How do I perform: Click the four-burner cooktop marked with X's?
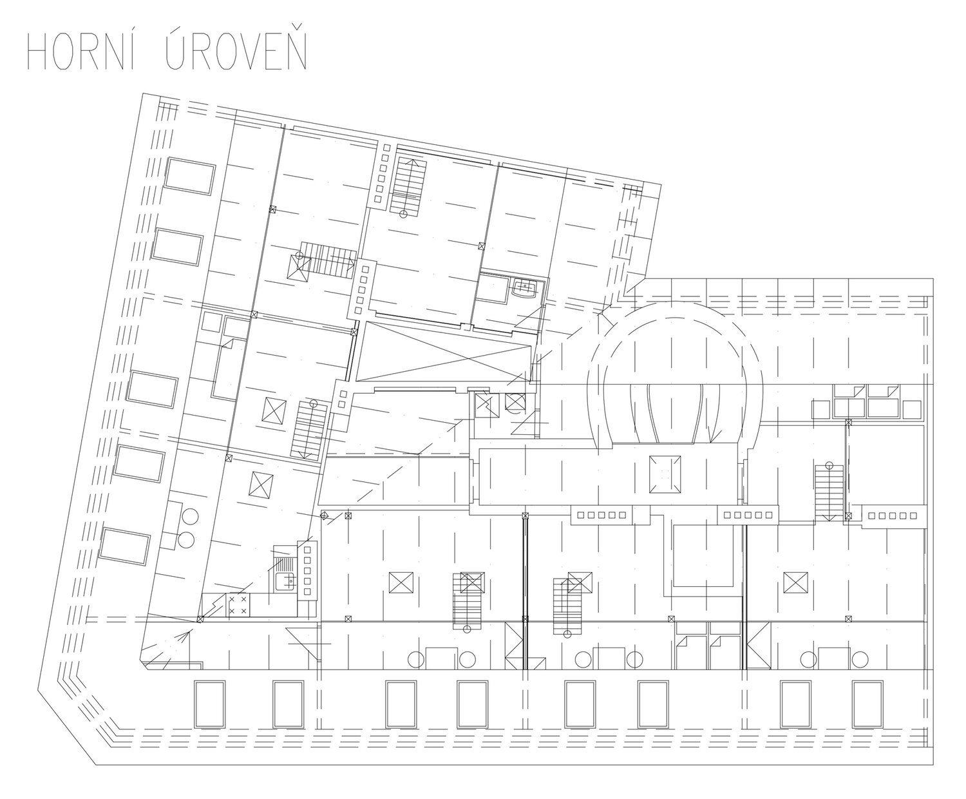tap(238, 606)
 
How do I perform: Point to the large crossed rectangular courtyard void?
tap(444, 352)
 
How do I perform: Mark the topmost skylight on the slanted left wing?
tap(191, 176)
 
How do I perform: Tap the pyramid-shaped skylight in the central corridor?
tap(665, 474)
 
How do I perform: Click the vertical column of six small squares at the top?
tap(381, 173)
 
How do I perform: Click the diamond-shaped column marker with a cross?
tap(325, 515)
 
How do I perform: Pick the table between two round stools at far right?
tap(834, 659)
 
